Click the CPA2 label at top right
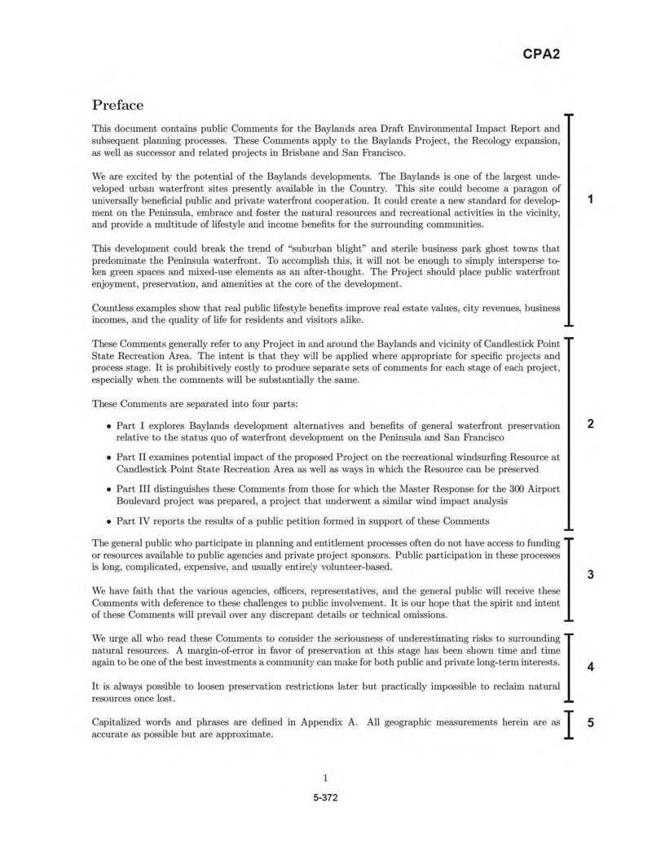[x=540, y=55]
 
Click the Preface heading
[x=117, y=105]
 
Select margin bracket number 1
[x=590, y=200]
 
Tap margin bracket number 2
[x=590, y=423]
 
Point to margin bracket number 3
[x=590, y=575]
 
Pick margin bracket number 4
[x=590, y=667]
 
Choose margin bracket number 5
[x=590, y=722]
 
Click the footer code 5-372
[x=325, y=797]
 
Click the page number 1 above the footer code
[x=325, y=778]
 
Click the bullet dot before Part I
[x=109, y=426]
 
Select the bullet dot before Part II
[x=109, y=458]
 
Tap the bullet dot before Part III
[x=109, y=490]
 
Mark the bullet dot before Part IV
[x=109, y=522]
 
